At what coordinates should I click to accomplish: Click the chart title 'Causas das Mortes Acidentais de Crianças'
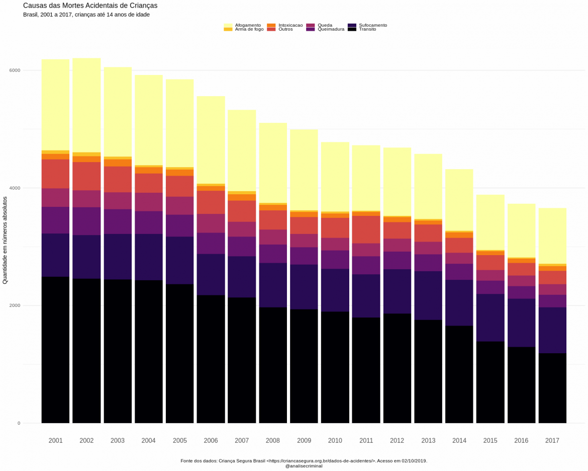pyautogui.click(x=90, y=6)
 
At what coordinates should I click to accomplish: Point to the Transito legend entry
pyautogui.click(x=367, y=29)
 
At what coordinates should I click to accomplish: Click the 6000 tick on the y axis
pyautogui.click(x=15, y=70)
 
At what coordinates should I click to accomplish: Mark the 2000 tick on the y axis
pyautogui.click(x=15, y=305)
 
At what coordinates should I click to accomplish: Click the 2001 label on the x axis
pyautogui.click(x=55, y=441)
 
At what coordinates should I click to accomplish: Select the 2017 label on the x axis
pyautogui.click(x=552, y=441)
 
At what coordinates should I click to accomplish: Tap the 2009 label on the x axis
pyautogui.click(x=304, y=441)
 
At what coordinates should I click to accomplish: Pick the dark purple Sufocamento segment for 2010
pyautogui.click(x=335, y=290)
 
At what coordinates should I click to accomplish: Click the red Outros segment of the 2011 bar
pyautogui.click(x=366, y=229)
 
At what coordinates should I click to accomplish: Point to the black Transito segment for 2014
pyautogui.click(x=459, y=374)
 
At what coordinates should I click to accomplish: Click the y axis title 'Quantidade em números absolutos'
pyautogui.click(x=5, y=241)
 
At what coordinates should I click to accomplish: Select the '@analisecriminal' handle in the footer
pyautogui.click(x=304, y=466)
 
